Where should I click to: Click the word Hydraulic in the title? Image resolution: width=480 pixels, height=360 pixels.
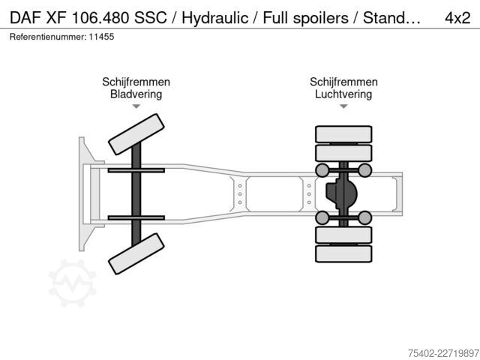tap(215, 18)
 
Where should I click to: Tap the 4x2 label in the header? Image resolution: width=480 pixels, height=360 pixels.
tap(457, 18)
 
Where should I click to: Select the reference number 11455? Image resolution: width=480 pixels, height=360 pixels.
tap(101, 37)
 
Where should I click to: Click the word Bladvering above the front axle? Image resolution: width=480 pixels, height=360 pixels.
tap(136, 94)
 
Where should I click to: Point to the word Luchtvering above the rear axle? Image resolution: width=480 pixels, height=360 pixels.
tap(343, 94)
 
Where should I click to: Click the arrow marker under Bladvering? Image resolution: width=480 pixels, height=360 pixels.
tap(136, 106)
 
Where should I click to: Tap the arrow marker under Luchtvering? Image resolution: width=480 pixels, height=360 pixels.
tap(343, 106)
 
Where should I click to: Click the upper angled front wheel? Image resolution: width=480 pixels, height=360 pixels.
tap(136, 134)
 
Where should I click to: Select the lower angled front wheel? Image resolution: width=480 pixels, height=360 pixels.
tap(136, 253)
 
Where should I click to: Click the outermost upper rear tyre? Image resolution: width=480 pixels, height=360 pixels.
tap(343, 134)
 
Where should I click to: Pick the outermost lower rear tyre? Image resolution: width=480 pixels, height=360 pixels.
tap(343, 253)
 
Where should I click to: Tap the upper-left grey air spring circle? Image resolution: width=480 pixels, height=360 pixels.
tap(322, 170)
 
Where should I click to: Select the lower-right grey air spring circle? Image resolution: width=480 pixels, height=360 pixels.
tap(364, 217)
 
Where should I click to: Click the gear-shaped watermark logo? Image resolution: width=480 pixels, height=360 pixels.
tap(73, 283)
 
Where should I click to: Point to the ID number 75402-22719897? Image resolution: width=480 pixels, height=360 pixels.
tap(443, 353)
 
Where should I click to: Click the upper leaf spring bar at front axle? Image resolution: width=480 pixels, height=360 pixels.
tap(136, 170)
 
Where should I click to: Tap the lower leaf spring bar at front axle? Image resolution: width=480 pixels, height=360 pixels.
tap(136, 217)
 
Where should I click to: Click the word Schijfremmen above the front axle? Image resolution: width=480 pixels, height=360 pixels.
tap(136, 82)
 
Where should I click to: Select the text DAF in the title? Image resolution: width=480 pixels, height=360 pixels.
tap(25, 18)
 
